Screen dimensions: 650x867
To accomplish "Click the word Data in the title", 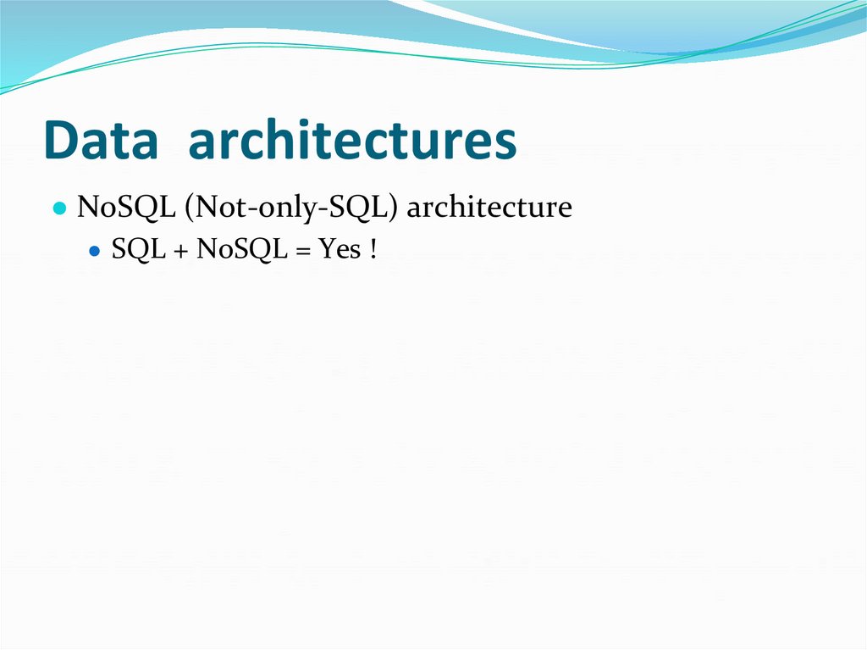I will coord(100,142).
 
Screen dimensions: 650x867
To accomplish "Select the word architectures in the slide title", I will coord(352,142).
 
